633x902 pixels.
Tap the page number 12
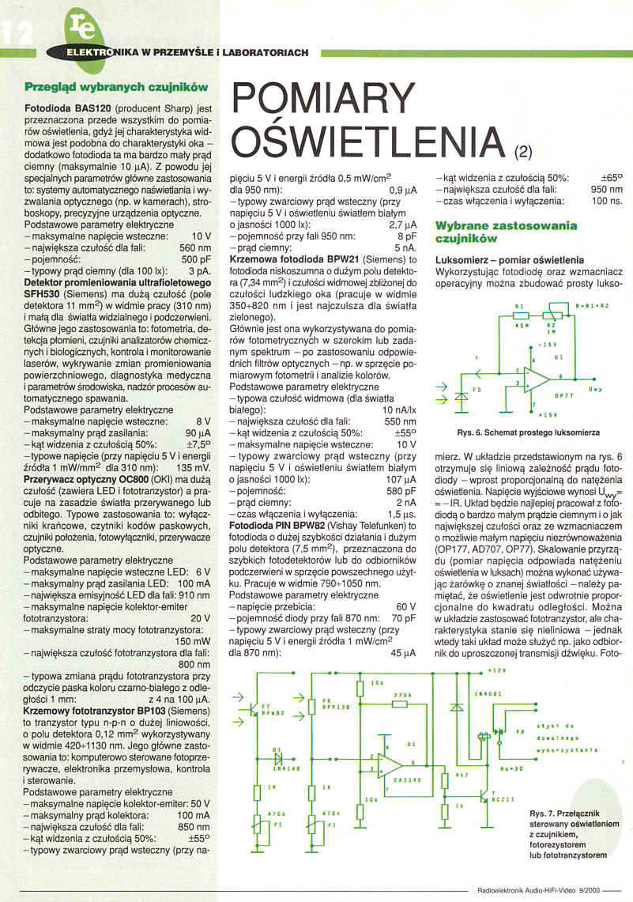click(x=17, y=32)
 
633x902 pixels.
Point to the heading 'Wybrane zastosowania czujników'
click(x=507, y=232)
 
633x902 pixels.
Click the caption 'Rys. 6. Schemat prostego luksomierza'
click(x=527, y=432)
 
